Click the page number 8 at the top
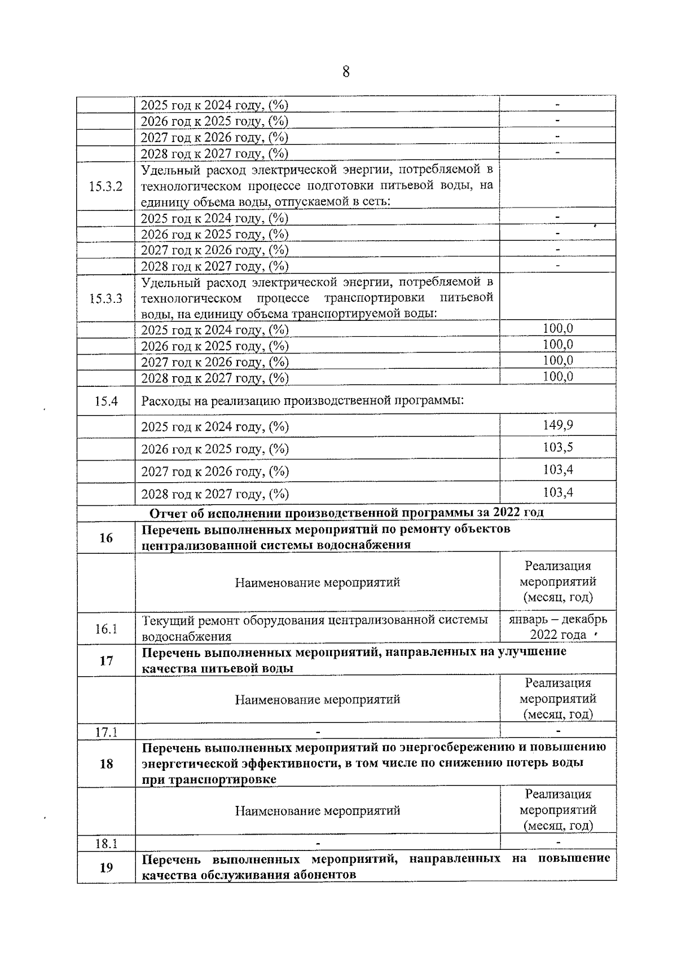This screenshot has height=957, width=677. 345,72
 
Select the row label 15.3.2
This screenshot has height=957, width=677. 105,187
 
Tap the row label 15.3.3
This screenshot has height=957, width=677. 105,299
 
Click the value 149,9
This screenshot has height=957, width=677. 557,425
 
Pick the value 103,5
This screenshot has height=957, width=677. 557,448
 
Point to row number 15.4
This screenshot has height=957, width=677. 106,402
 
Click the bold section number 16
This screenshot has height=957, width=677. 106,538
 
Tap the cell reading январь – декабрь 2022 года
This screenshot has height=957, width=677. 557,627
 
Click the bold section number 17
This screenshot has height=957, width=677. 106,661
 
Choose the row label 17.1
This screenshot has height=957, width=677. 106,733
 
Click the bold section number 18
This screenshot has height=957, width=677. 106,764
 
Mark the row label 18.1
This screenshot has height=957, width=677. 106,844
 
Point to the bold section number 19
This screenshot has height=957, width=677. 106,868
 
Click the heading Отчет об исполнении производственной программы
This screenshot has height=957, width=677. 346,513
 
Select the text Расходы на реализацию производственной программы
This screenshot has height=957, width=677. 302,402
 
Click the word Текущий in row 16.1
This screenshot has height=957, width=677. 164,620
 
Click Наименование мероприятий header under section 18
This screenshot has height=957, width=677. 317,811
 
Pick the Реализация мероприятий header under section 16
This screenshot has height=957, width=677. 557,581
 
